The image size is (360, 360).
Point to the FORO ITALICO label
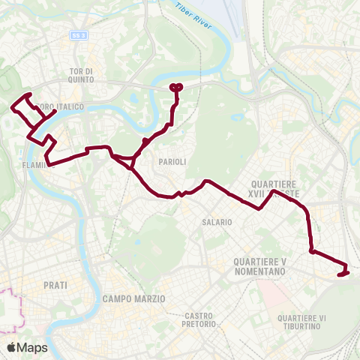pyautogui.click(x=60, y=106)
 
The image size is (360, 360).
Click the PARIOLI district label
pyautogui.click(x=172, y=161)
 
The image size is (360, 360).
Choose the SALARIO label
pyautogui.click(x=216, y=222)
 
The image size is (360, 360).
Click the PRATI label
pyautogui.click(x=55, y=285)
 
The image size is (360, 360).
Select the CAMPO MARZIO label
pyautogui.click(x=133, y=298)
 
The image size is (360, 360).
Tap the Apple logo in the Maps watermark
pyautogui.click(x=12, y=347)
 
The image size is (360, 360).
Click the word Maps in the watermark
pyautogui.click(x=32, y=347)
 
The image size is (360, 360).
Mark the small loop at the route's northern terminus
pyautogui.click(x=176, y=87)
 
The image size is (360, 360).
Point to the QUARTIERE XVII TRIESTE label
pyautogui.click(x=277, y=189)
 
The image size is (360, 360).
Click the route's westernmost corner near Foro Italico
pyautogui.click(x=13, y=108)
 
